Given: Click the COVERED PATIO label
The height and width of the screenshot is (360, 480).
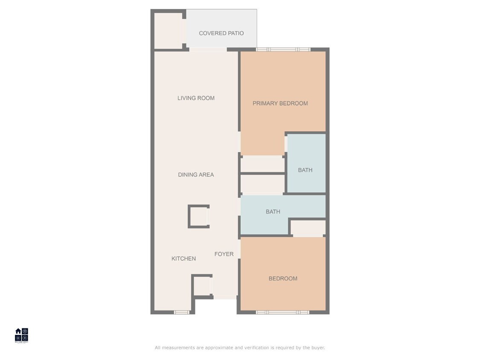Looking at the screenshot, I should (221, 33).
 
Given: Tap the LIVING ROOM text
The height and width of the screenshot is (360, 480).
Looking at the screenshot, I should (196, 98).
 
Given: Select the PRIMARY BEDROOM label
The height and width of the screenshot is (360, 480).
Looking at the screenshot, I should (280, 103).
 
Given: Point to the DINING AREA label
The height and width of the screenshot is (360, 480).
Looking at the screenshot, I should (196, 174).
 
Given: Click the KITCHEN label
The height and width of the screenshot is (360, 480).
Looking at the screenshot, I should (183, 258).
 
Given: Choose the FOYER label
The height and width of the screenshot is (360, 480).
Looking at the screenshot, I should (224, 254).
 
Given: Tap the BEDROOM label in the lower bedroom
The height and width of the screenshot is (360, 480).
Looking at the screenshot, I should (283, 279).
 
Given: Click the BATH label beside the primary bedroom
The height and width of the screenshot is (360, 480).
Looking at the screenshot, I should (305, 170).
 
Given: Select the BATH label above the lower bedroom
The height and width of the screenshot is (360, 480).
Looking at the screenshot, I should (273, 212).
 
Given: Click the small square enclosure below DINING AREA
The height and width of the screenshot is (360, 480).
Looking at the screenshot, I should (198, 216).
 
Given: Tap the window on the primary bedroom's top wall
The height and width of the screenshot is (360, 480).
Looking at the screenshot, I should (283, 49).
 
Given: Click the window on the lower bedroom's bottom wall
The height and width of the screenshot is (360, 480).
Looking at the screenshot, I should (282, 312).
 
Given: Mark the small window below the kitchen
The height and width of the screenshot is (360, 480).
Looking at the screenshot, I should (181, 312).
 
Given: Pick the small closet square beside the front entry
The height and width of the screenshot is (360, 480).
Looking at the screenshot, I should (202, 286).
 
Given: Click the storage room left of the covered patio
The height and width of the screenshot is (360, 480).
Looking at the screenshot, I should (168, 31).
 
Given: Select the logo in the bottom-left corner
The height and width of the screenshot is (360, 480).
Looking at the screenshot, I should (21, 335).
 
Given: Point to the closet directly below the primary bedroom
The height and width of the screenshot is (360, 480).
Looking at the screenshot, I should (262, 165).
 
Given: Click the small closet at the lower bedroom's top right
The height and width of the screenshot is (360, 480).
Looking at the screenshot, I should (308, 228).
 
